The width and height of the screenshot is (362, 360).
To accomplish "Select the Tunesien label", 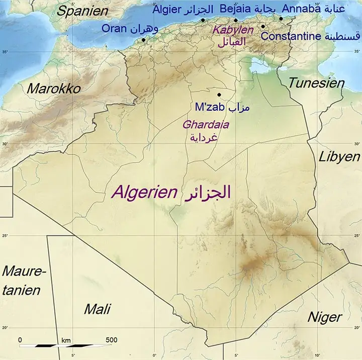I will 316,83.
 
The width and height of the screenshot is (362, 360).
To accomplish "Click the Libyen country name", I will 339,157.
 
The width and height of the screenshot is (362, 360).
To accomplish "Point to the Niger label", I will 324,317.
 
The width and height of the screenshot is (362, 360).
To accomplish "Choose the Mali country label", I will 97,309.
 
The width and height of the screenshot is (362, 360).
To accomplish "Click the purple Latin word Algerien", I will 144,192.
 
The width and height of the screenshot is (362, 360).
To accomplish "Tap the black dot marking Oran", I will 143,40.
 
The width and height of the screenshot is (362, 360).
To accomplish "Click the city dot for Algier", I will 203,21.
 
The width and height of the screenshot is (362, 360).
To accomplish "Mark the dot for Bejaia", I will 236,21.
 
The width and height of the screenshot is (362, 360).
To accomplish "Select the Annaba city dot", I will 281,19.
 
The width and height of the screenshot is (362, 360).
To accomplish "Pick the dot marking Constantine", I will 263,27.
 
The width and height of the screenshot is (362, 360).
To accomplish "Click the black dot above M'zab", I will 219,95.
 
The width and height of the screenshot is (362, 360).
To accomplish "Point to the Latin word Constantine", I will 291,36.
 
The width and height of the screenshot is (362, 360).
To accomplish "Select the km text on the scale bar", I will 66,340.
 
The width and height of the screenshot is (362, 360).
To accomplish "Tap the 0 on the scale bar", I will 20,340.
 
